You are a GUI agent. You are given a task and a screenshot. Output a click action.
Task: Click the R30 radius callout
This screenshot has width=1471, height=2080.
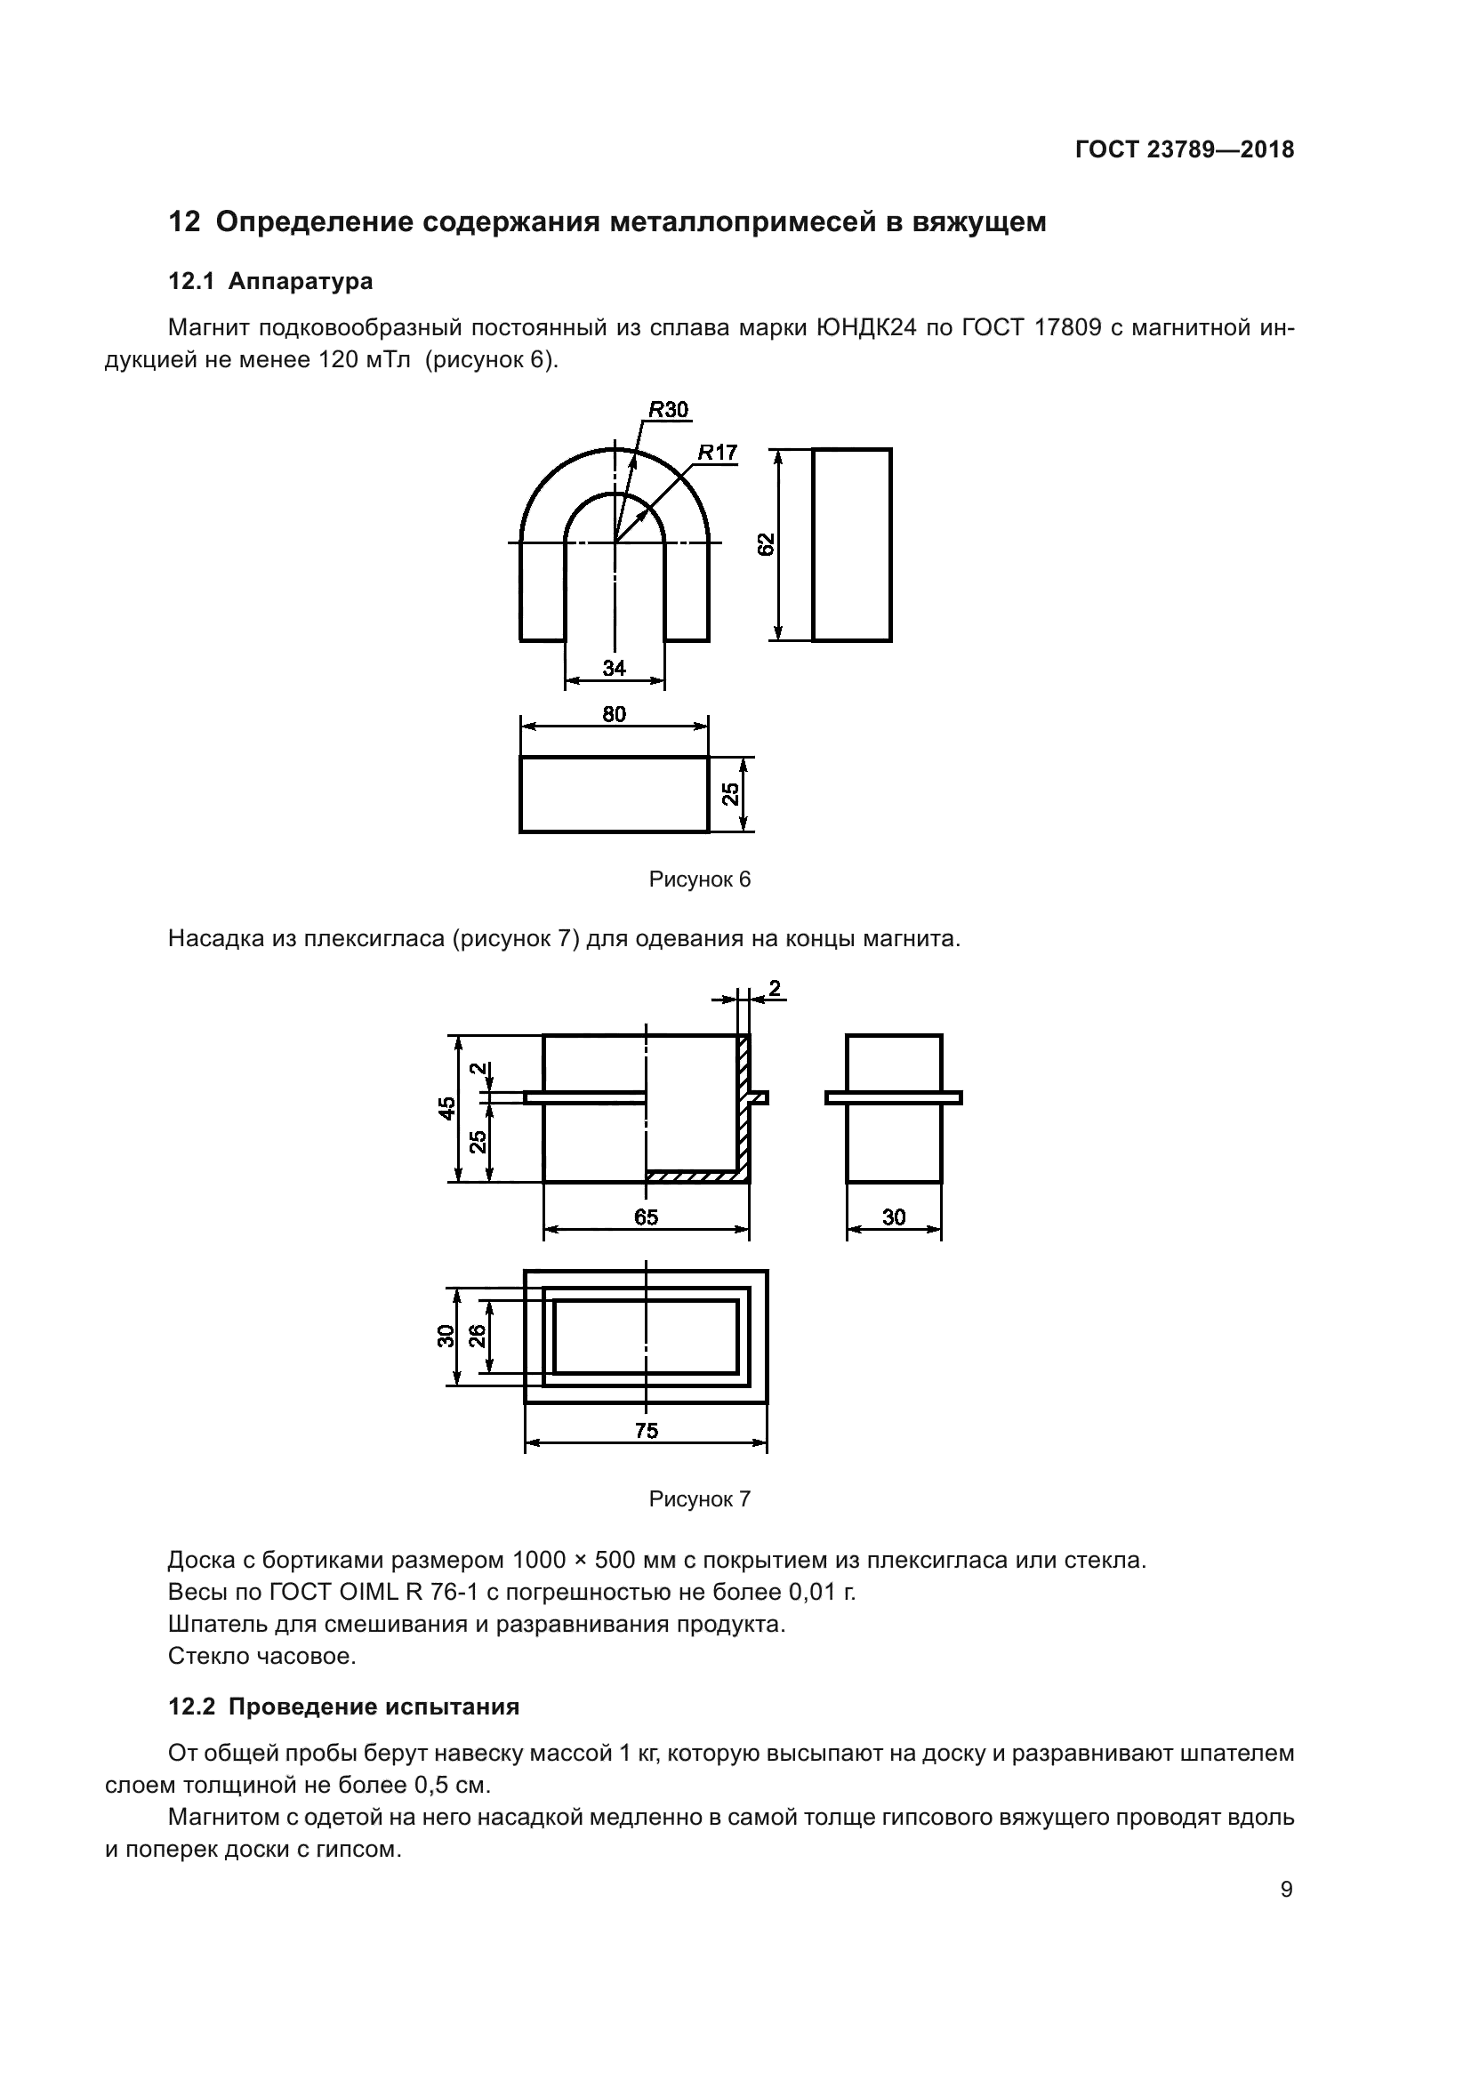coord(669,410)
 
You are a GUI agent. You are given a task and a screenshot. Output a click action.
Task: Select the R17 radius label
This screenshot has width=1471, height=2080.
coord(718,452)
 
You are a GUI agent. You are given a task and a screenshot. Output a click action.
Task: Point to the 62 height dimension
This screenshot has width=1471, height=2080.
coord(767,544)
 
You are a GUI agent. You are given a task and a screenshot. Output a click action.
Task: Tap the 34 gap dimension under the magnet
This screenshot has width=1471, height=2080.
coord(615,668)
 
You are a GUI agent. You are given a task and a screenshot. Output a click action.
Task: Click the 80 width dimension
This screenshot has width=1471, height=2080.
coord(615,714)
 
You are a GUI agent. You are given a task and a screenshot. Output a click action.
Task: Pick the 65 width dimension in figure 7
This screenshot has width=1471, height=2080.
coord(646,1217)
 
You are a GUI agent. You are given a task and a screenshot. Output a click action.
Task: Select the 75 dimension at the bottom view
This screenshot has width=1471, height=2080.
coord(646,1431)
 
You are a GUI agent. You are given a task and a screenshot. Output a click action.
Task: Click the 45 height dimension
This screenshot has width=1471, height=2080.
coord(447,1108)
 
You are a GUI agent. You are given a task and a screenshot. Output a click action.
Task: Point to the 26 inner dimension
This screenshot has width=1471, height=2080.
coord(478,1335)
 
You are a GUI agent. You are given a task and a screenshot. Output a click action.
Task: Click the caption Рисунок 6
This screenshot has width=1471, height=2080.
coord(699,879)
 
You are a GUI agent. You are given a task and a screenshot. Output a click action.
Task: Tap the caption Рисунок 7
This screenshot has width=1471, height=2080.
coord(699,1499)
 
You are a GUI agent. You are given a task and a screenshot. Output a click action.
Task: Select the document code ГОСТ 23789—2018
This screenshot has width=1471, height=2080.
coord(1185,150)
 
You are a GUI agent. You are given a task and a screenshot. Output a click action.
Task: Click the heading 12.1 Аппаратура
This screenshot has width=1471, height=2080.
coord(271,282)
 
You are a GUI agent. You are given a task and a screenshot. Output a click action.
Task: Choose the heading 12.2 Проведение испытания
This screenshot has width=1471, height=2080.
coord(344,1707)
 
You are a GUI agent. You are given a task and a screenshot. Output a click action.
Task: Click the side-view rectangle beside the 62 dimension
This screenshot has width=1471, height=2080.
coord(851,544)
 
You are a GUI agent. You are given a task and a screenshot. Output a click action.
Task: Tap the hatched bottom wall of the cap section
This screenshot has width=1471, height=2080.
coord(693,1176)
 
